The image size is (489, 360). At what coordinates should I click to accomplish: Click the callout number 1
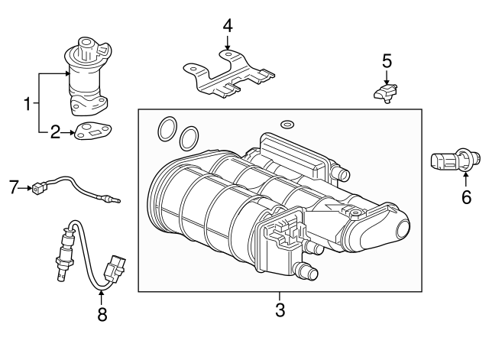coord(28,103)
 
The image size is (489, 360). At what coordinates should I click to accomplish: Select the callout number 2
coord(55,133)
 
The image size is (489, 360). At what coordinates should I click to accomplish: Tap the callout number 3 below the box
coord(280,310)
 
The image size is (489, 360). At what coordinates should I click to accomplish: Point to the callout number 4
coord(227,26)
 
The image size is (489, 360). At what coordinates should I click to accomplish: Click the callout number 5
coord(387,59)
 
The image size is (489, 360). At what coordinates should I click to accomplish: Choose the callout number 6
coord(466,197)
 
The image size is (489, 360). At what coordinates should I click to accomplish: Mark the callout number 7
coord(12,185)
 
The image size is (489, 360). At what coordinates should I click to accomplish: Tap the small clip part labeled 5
coord(386,93)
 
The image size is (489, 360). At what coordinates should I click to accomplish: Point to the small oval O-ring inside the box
coord(287,124)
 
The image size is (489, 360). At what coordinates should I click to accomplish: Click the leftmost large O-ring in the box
coord(164,130)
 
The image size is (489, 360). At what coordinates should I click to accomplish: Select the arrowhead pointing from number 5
coord(387,81)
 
